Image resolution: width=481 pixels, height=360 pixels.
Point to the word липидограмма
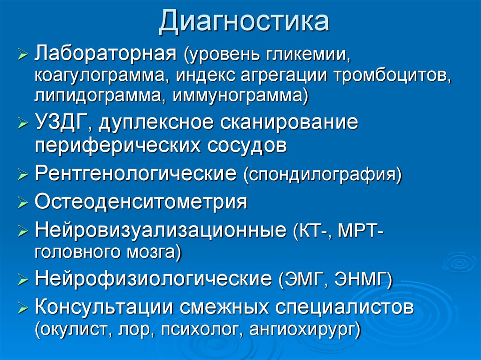coord(97,96)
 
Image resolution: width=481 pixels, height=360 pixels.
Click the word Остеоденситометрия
coord(141,203)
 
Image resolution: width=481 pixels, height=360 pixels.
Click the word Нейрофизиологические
coord(153,280)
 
